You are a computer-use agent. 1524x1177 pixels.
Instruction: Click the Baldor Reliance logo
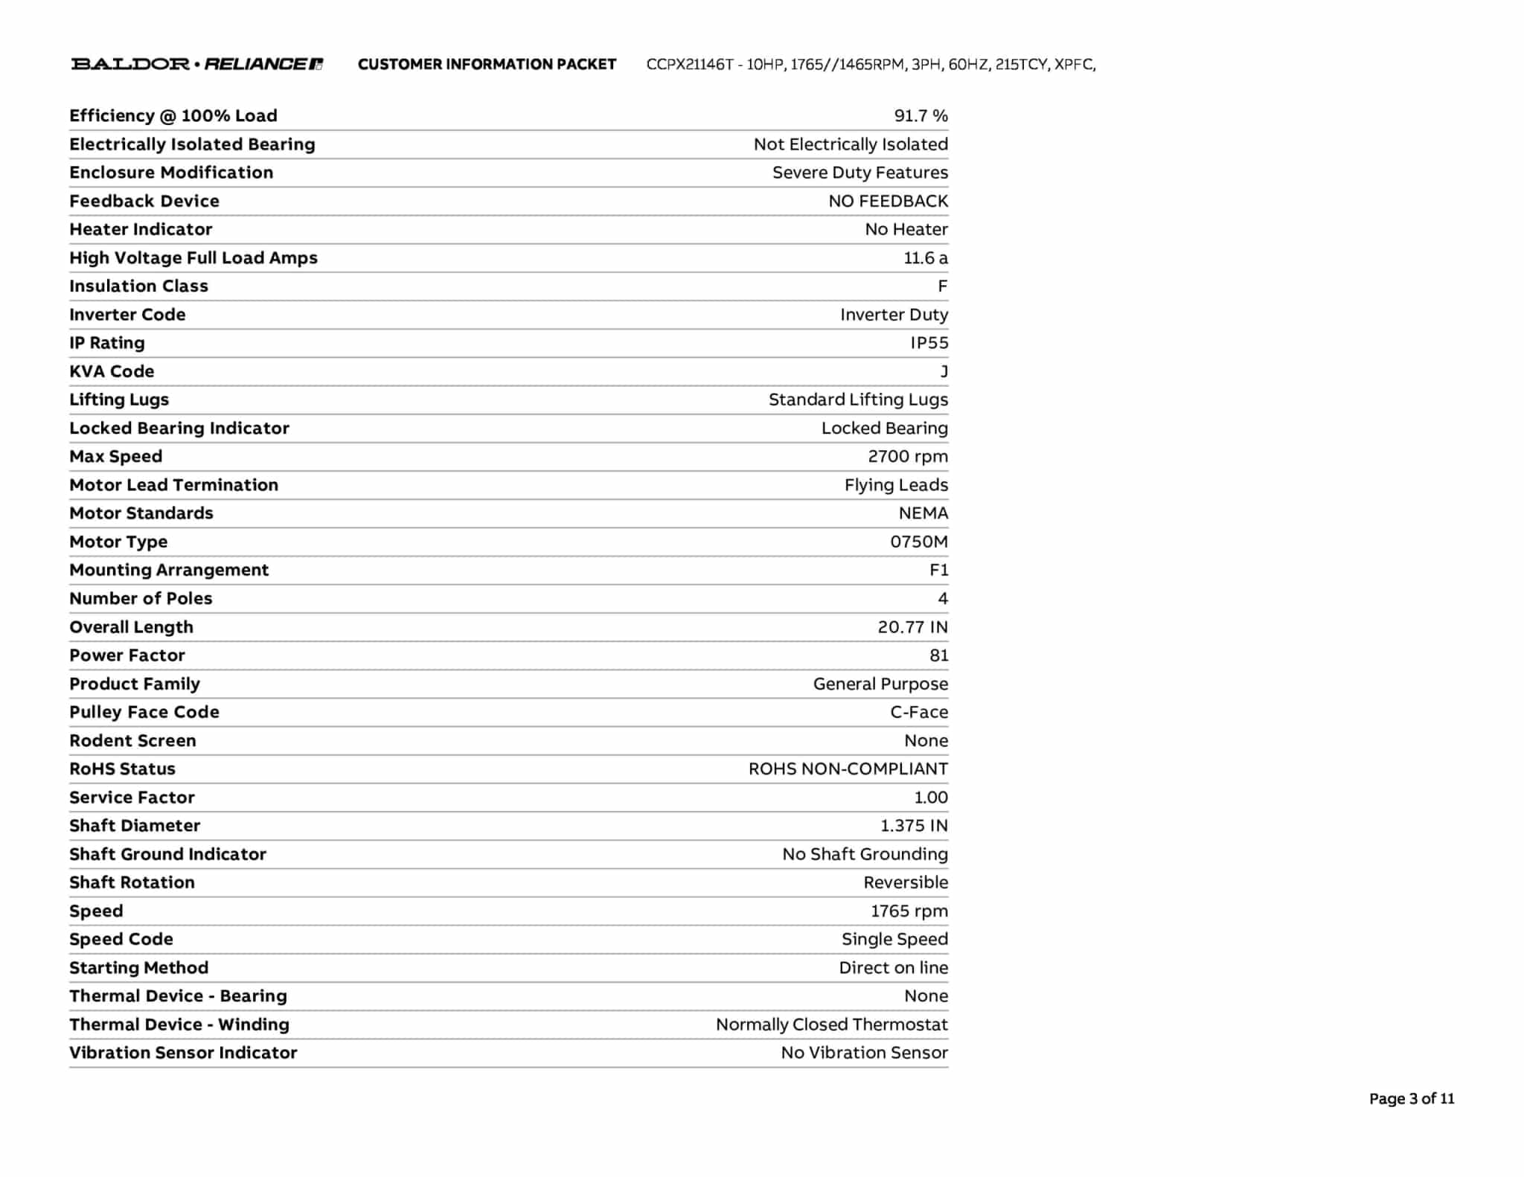pos(196,64)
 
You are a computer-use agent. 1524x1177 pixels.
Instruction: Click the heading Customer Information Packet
pos(487,65)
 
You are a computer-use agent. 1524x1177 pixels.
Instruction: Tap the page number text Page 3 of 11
pos(1411,1099)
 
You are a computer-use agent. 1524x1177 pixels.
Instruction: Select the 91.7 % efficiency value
pos(921,116)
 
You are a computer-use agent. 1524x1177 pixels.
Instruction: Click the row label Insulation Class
pos(138,286)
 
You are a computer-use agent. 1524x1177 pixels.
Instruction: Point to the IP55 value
pos(929,343)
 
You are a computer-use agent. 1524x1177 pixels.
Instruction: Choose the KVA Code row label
pos(112,371)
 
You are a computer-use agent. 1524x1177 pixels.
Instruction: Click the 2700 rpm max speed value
pos(907,457)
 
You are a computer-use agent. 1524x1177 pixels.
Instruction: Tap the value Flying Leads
pos(895,485)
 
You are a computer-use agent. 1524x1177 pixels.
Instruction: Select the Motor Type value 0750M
pos(918,542)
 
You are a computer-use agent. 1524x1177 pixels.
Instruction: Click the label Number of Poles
pos(141,599)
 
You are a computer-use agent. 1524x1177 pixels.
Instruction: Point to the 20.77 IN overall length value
pos(912,627)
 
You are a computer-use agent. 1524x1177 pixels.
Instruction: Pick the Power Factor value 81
pos(938,655)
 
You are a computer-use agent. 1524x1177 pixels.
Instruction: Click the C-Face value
pos(918,712)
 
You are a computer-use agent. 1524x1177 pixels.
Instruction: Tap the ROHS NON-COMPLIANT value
pos(848,769)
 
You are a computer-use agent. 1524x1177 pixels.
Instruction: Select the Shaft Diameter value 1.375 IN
pos(914,826)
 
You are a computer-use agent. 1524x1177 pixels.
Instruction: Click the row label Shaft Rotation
pos(132,882)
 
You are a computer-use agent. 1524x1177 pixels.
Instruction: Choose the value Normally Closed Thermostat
pos(831,1024)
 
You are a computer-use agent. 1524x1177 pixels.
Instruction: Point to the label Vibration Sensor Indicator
pos(183,1053)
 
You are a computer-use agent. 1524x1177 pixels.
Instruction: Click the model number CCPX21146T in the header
pos(689,65)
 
